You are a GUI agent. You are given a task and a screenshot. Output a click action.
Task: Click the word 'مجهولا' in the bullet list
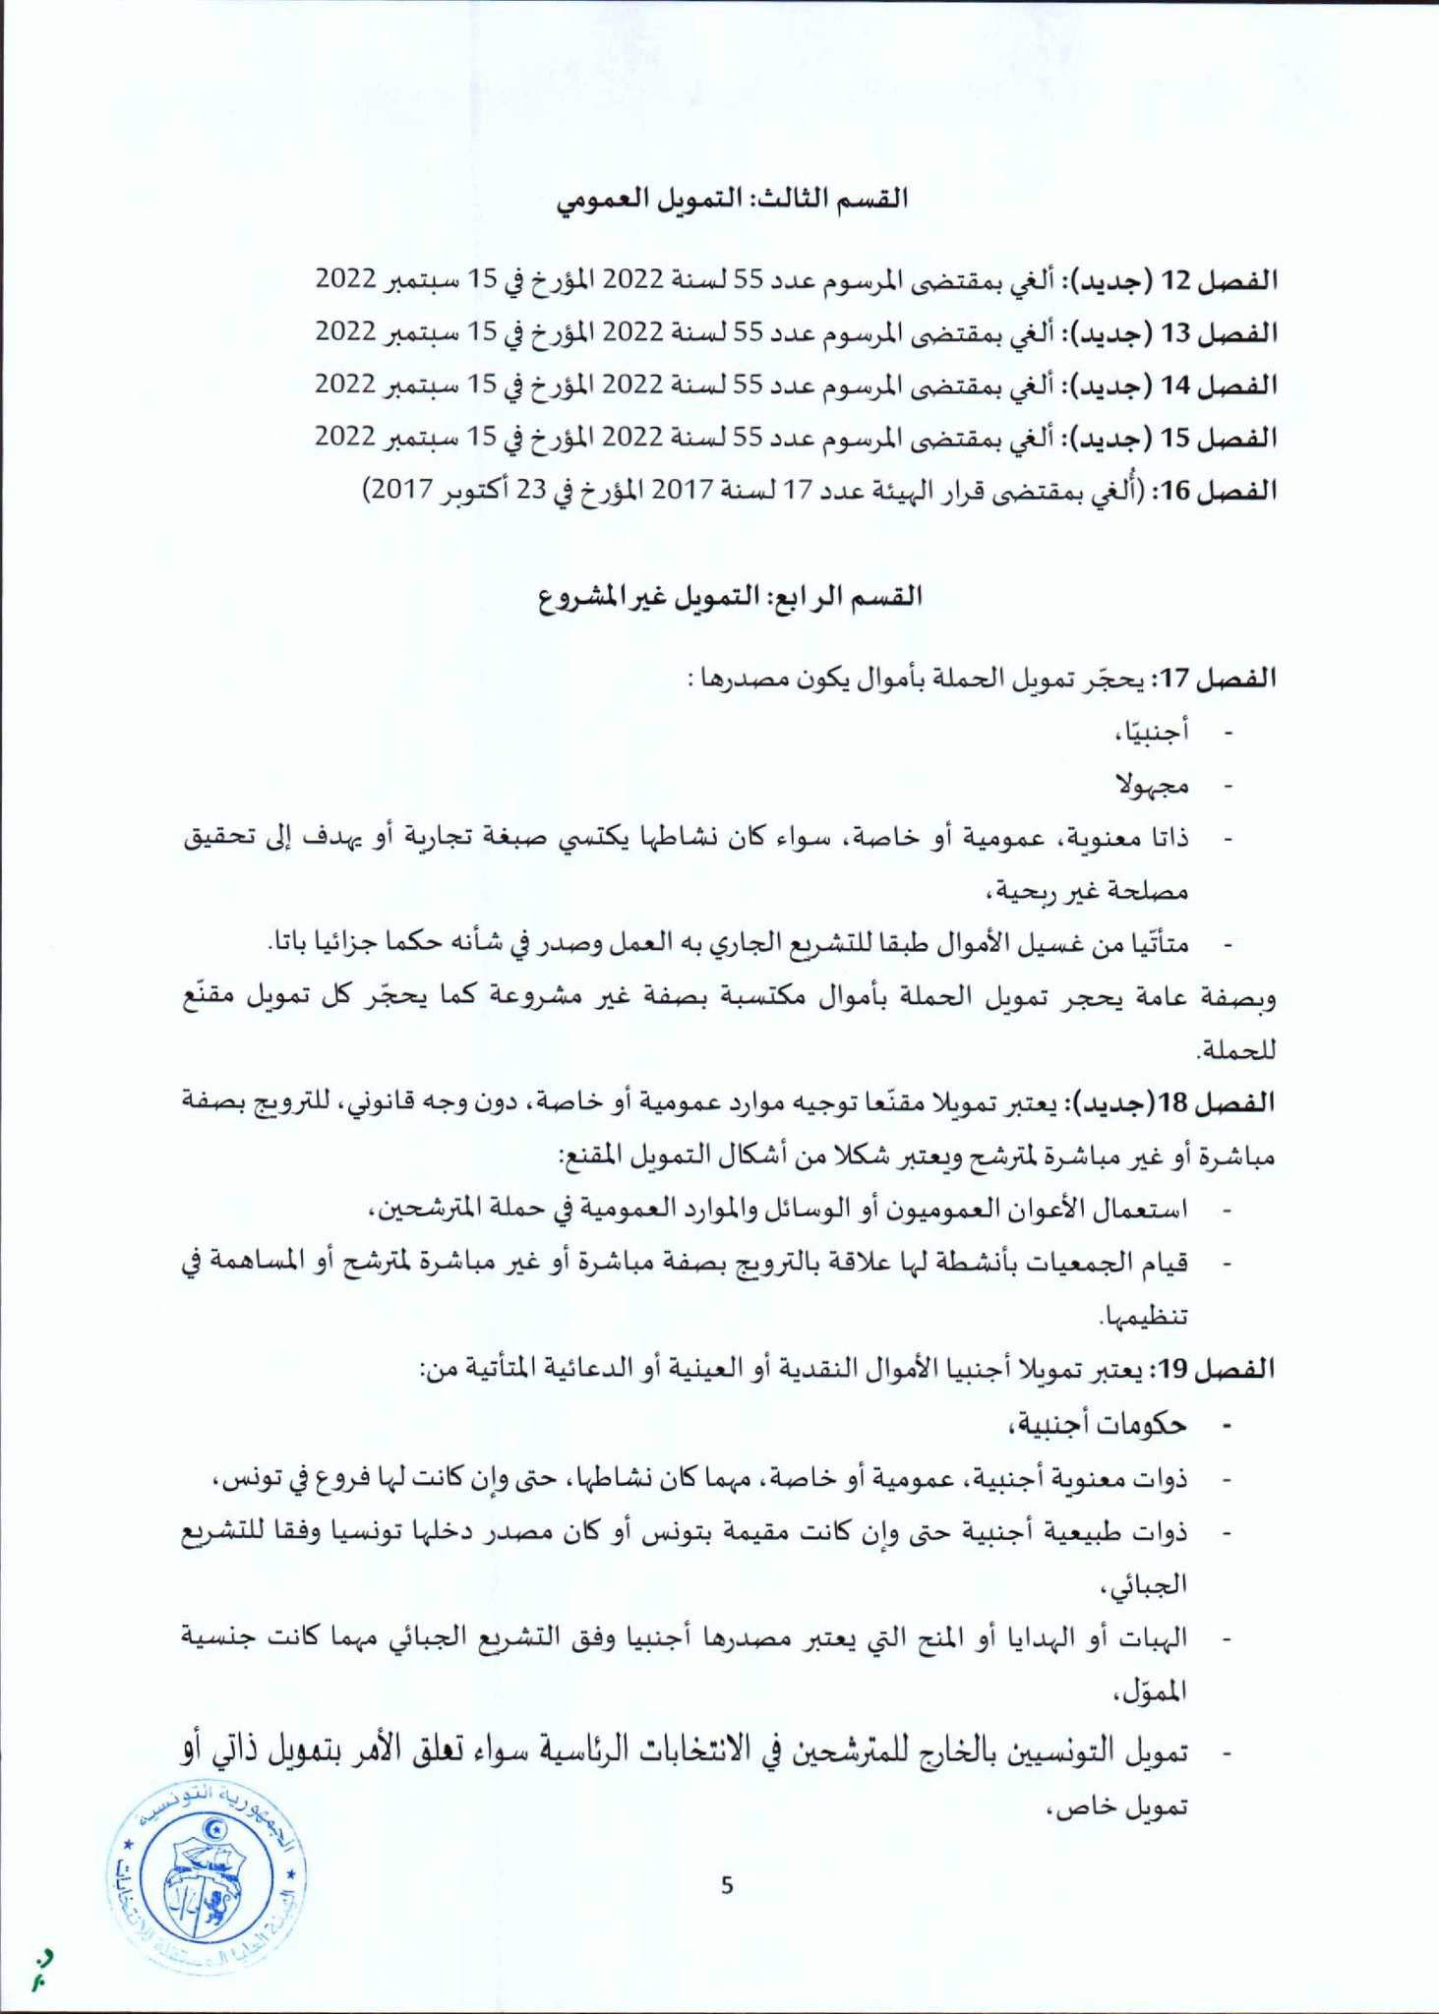point(1153,785)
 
